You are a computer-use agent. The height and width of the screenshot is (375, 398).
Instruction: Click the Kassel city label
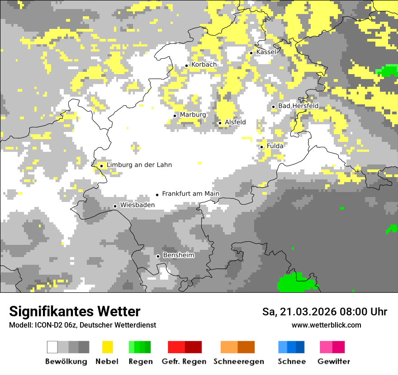[266, 52]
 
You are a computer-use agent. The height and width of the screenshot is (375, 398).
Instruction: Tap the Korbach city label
[204, 65]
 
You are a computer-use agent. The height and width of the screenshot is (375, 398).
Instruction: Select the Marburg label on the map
[193, 115]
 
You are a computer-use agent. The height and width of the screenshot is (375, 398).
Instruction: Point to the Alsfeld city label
[235, 122]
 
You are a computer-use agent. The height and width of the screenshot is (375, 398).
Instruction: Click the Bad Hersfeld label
[298, 106]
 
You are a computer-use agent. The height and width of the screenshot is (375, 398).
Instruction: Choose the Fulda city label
[275, 146]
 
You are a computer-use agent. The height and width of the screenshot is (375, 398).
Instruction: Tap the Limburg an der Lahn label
[139, 165]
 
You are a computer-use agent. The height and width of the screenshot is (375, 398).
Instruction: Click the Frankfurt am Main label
[190, 194]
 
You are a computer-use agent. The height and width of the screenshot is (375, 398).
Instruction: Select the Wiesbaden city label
[137, 205]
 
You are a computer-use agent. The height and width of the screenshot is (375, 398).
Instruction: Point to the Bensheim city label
[178, 255]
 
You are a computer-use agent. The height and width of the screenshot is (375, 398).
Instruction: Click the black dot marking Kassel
[251, 53]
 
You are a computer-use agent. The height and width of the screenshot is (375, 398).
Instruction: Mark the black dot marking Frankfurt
[157, 195]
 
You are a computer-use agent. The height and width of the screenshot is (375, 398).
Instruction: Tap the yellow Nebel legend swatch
[107, 347]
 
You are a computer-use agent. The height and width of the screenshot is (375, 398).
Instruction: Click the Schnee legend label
[291, 361]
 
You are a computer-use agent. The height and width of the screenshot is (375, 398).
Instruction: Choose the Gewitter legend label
[334, 361]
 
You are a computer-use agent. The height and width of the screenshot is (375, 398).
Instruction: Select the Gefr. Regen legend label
[184, 361]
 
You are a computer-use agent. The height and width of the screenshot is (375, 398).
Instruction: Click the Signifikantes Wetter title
[75, 311]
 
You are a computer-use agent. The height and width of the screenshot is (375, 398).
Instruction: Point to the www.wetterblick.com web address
[326, 325]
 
